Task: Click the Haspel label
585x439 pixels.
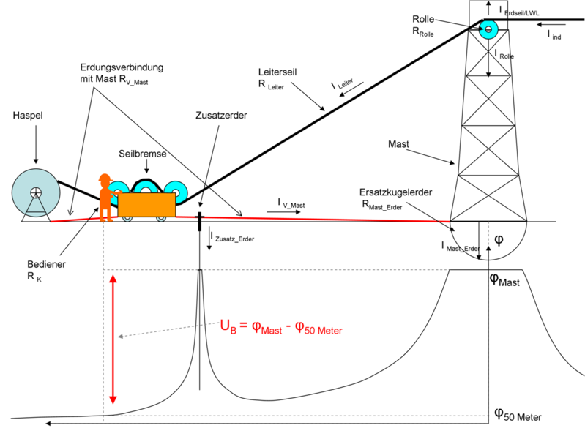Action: coord(28,116)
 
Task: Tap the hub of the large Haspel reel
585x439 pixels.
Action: coord(36,193)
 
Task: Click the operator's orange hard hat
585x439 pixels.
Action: coord(105,178)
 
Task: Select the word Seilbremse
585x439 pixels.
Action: coord(143,154)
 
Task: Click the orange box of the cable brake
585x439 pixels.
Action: coord(146,204)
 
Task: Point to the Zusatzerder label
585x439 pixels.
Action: coord(221,116)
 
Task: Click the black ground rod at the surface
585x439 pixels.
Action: coord(200,222)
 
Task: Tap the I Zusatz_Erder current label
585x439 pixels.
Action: coord(232,237)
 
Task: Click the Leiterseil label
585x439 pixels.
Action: coord(277,72)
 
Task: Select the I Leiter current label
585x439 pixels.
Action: coord(342,84)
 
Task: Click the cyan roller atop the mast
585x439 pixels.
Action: coord(488,29)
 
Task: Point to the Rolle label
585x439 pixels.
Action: coord(423,19)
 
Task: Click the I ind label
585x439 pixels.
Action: coord(554,35)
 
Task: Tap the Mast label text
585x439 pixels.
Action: coord(398,144)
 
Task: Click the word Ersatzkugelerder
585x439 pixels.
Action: coord(396,192)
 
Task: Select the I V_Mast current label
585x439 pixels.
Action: coord(291,203)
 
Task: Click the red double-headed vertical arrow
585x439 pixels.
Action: coord(113,339)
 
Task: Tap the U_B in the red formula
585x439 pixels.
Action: coord(228,326)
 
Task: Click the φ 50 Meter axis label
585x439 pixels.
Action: coord(518,414)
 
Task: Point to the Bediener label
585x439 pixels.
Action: coord(46,264)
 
